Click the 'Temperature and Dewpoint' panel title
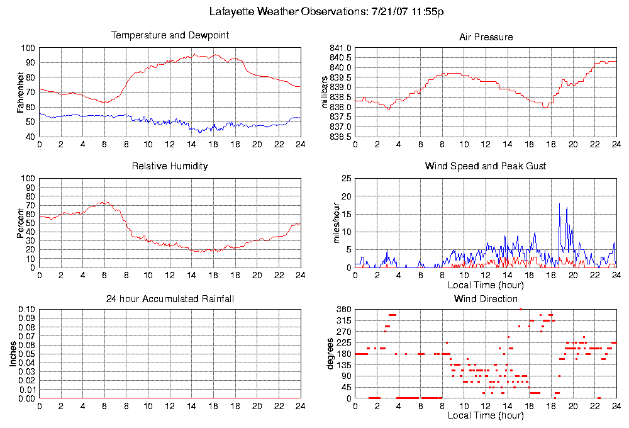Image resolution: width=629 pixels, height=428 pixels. tap(170, 35)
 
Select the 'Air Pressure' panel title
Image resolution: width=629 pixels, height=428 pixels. tap(486, 37)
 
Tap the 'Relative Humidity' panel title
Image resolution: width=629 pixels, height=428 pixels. tap(170, 166)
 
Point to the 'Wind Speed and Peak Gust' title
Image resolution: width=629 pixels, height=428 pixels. tap(486, 166)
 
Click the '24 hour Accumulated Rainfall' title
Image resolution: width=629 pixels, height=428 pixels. tap(170, 298)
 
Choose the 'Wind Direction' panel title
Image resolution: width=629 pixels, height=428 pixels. tap(486, 298)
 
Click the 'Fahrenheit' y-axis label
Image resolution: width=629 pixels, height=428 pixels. tap(21, 93)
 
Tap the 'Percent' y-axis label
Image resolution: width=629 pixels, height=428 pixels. tap(21, 223)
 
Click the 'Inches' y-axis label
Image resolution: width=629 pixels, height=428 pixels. tap(13, 354)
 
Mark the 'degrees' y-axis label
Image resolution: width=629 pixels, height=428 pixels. tap(330, 354)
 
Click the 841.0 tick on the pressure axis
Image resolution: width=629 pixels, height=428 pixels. tap(340, 48)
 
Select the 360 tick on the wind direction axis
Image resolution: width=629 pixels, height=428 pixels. tap(343, 310)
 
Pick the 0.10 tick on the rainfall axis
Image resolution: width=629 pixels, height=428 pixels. tap(26, 310)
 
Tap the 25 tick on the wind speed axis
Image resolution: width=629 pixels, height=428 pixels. tap(345, 179)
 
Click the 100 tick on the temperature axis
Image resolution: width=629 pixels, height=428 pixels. tap(28, 48)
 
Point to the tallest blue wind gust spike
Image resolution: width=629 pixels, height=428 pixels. tap(559, 205)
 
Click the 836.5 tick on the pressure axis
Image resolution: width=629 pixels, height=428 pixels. tap(340, 137)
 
